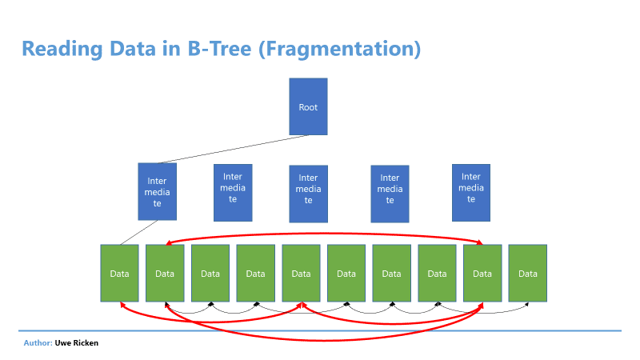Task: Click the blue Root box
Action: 308,106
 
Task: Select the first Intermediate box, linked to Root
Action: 157,191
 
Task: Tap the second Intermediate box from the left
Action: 233,193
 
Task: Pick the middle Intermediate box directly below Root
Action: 308,194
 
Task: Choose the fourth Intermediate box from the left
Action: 390,194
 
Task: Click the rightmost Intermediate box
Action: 471,193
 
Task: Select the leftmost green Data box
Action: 119,273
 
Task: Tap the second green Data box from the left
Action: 165,273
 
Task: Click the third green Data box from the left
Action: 210,273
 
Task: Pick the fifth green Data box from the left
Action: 301,273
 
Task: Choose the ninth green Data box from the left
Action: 482,273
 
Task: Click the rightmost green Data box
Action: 528,273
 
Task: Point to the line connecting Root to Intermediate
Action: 233,149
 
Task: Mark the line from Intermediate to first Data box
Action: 138,233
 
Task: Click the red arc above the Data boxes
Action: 325,234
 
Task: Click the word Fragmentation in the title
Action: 339,49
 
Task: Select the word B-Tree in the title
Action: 219,49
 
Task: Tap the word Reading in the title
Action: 62,49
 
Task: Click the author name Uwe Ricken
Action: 77,343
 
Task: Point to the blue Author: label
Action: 38,343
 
